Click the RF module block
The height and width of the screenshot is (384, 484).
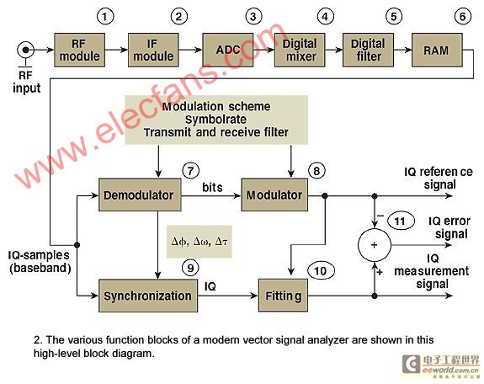[80, 50]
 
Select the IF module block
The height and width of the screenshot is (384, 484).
[153, 50]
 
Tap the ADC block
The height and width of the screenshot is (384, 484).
[228, 50]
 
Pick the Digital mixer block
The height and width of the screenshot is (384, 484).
[300, 50]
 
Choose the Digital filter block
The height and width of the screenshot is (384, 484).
[368, 50]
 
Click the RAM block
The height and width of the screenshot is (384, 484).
[437, 50]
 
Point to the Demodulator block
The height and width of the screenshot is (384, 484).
[140, 195]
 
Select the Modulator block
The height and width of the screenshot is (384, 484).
[274, 195]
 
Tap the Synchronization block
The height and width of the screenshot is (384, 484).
[148, 296]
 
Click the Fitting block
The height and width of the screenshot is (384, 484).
[283, 296]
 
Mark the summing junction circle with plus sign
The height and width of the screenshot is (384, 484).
[375, 245]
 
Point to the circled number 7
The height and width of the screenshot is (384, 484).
[191, 171]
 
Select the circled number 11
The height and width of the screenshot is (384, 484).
[400, 221]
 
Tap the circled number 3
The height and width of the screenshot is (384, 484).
[253, 16]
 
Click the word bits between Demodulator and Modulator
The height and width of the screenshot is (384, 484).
[212, 188]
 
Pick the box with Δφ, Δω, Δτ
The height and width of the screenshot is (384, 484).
[199, 242]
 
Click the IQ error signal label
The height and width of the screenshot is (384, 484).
[450, 227]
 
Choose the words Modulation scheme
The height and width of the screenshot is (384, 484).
[216, 107]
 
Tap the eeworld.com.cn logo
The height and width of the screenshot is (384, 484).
[441, 366]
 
